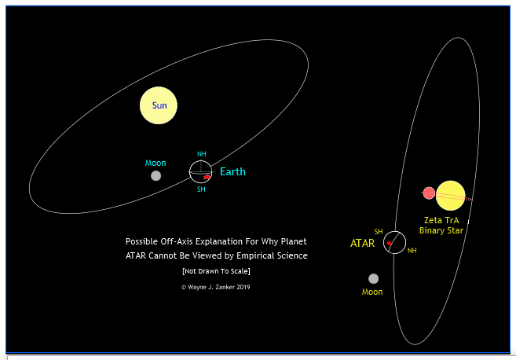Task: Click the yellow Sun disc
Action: [x=159, y=105]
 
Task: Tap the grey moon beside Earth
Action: [x=156, y=176]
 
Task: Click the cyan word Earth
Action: [x=232, y=171]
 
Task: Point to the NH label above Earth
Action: [x=201, y=154]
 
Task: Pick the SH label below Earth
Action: [x=201, y=189]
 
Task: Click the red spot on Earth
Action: [x=207, y=177]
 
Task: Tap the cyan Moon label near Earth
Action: [x=156, y=163]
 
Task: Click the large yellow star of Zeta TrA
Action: [x=451, y=196]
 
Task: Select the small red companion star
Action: [x=429, y=193]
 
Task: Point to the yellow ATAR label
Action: [x=362, y=243]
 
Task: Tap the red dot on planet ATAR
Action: [x=389, y=244]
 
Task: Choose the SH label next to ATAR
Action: [x=379, y=232]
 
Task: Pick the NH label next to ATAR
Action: [x=412, y=251]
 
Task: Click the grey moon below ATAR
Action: [x=373, y=278]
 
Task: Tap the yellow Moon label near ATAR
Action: [x=372, y=292]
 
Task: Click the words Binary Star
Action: [x=441, y=230]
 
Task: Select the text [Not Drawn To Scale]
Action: [x=216, y=271]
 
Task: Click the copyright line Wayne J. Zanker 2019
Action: [x=215, y=287]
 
